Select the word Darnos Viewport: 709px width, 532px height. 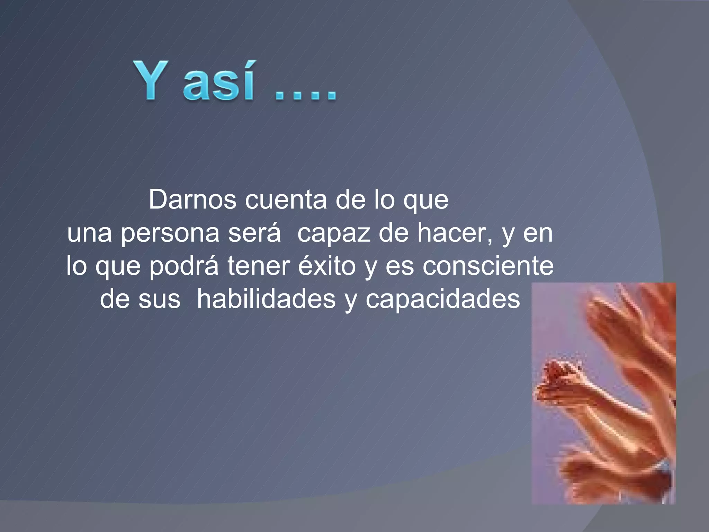(192, 200)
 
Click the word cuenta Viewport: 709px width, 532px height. (286, 200)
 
